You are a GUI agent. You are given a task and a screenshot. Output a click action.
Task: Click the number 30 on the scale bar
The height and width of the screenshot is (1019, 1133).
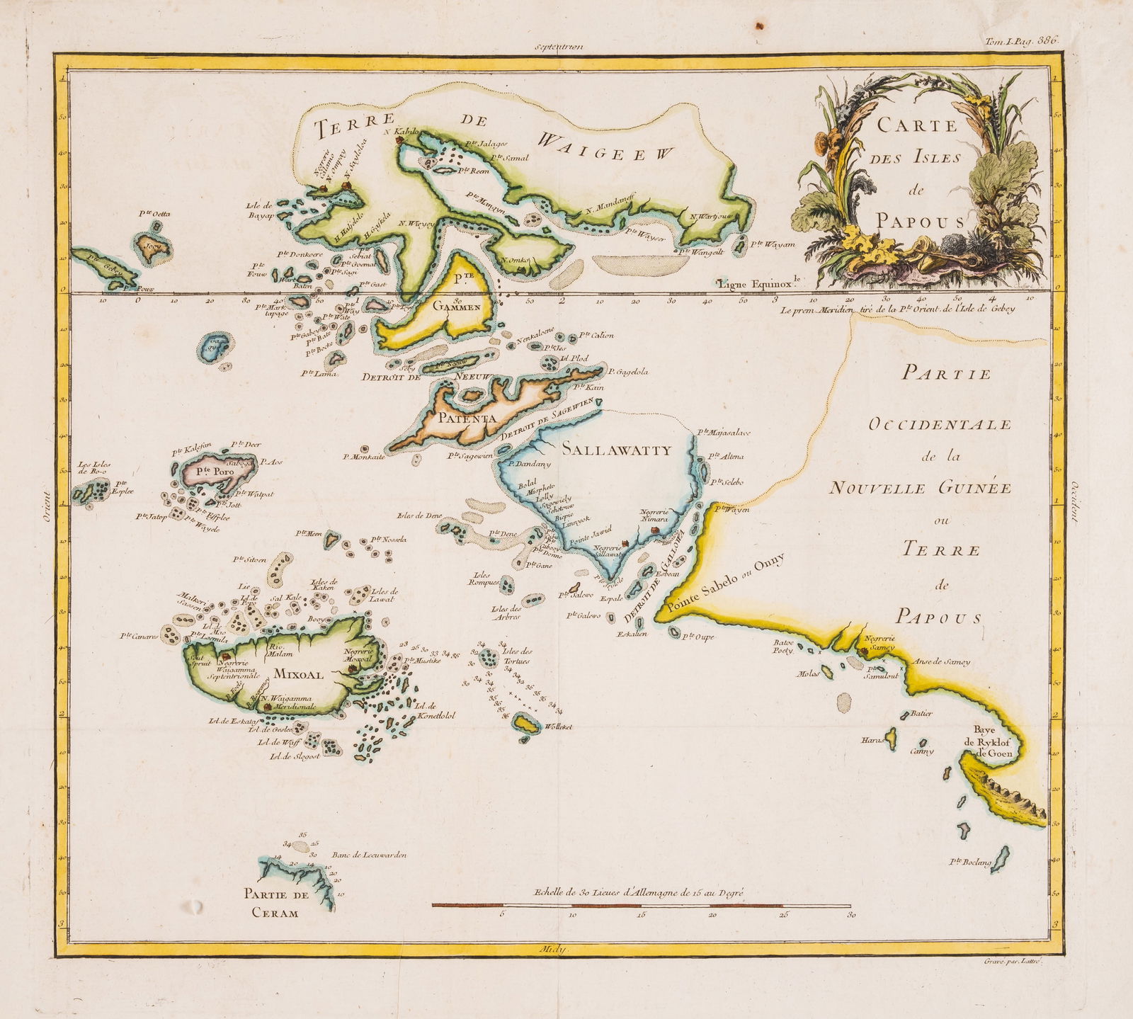pyautogui.click(x=850, y=916)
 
